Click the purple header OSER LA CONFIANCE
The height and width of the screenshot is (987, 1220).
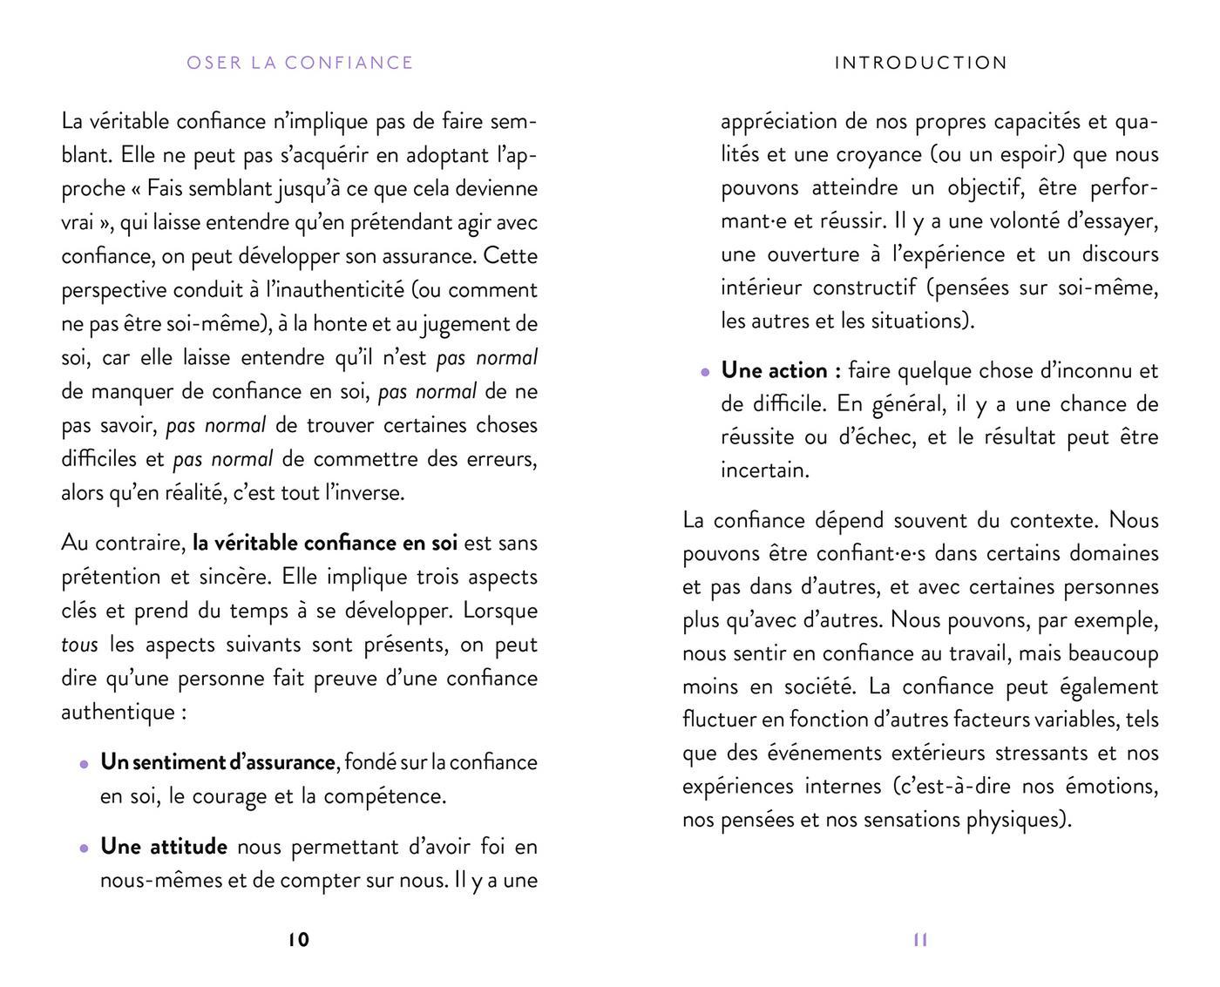point(300,63)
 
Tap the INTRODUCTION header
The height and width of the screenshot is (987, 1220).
point(921,63)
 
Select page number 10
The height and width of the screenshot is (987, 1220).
point(298,939)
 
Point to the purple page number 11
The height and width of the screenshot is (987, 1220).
point(920,939)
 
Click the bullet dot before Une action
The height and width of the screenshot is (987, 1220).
point(705,372)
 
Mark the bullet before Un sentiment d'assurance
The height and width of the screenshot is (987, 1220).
point(84,764)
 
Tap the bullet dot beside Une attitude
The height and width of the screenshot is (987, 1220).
point(84,848)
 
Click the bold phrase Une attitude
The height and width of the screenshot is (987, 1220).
point(164,846)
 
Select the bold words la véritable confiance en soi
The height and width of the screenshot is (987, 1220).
point(325,543)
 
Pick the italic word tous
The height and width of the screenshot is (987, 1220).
point(79,645)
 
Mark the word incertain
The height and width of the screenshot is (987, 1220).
point(764,470)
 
